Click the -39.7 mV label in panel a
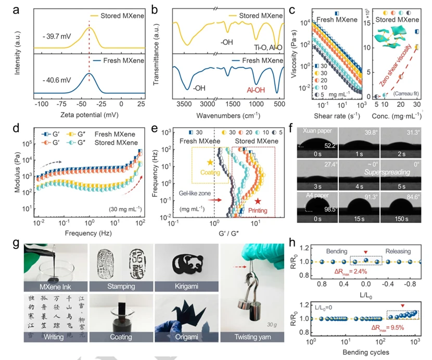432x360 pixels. point(55,38)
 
